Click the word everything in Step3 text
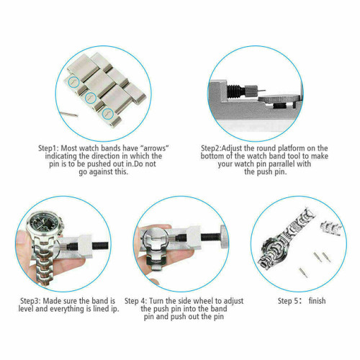pos(68,307)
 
